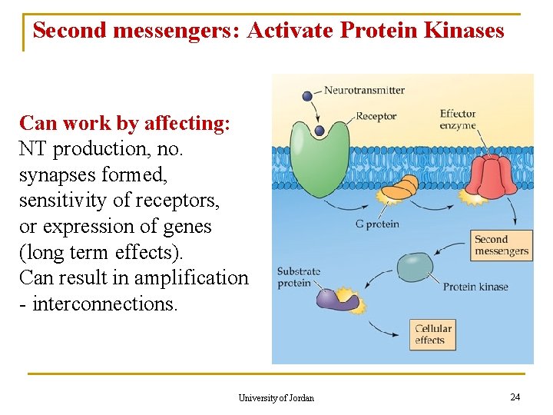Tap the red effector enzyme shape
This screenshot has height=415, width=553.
pos(492,177)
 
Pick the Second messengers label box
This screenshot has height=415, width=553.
pos(502,245)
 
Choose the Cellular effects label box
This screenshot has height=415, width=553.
pos(434,334)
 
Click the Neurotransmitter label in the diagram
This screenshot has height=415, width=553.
pos(364,90)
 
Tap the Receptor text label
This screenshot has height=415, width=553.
pos(376,116)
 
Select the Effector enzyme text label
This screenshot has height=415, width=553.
pos(458,119)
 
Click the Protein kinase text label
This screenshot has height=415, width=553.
pos(475,287)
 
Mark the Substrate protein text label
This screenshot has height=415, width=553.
pos(298,277)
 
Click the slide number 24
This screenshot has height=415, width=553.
pos(515,397)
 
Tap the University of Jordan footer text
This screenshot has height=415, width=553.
pos(276,397)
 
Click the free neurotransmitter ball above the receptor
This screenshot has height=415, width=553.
pos(307,96)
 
